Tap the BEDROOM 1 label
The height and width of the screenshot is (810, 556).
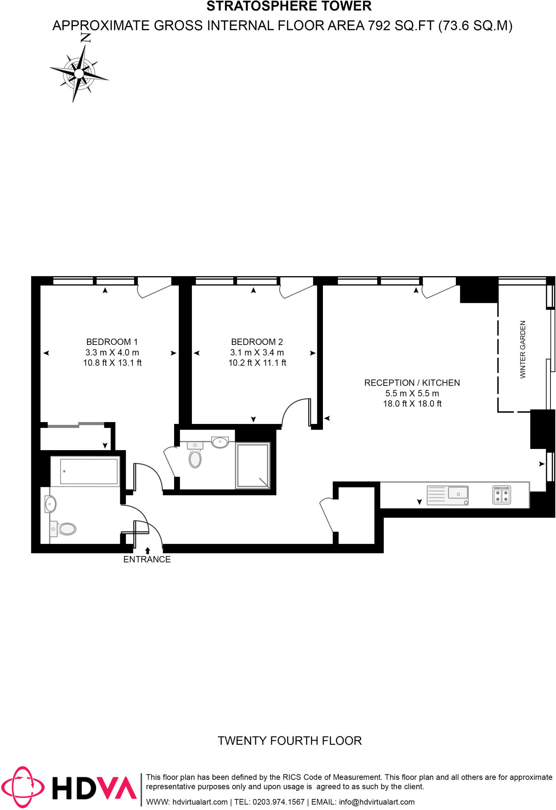(112, 342)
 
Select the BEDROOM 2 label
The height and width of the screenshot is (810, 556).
(257, 342)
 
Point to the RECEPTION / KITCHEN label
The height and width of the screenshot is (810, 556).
(412, 383)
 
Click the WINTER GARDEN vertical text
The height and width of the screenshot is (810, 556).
(523, 349)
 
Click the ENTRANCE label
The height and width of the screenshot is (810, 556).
(147, 559)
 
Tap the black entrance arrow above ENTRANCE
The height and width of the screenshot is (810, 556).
(148, 550)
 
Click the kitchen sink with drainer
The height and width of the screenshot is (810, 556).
(448, 495)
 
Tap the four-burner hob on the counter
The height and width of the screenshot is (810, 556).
(502, 495)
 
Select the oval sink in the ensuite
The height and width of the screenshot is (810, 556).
(220, 442)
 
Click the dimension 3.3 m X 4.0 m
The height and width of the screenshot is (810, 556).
(112, 352)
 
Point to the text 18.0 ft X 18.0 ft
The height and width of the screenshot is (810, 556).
(412, 404)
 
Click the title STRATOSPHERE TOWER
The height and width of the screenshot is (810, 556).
(289, 6)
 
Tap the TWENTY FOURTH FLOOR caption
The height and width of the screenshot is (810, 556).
(290, 740)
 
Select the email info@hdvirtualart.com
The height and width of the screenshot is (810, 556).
(376, 802)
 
